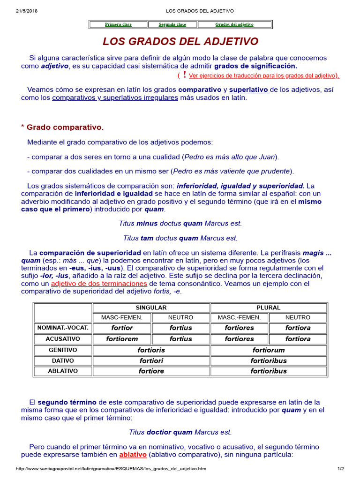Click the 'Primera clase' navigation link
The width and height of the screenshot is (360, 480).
tap(118, 24)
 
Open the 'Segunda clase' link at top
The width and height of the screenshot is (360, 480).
tap(172, 24)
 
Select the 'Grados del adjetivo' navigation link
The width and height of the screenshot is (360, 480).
tap(234, 24)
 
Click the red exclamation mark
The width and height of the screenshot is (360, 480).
tap(185, 75)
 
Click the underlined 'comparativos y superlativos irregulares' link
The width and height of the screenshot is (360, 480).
tap(115, 98)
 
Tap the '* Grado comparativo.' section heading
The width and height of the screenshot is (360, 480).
tap(62, 127)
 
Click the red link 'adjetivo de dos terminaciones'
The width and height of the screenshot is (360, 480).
tap(99, 284)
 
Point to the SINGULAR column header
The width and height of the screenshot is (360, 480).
tap(151, 307)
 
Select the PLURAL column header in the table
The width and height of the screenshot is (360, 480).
tap(268, 307)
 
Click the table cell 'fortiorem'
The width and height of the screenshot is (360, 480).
tap(122, 339)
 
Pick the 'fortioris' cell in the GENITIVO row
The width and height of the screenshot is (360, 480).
tap(151, 350)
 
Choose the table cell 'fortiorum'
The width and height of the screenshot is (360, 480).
tap(268, 350)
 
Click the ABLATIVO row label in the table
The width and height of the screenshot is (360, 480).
tap(63, 371)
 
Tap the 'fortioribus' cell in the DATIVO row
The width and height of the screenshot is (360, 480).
tap(268, 361)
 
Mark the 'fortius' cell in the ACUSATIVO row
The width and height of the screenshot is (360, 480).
tap(180, 339)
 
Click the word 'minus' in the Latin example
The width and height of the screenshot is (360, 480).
tap(147, 224)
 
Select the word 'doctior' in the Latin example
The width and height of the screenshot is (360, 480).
tap(159, 432)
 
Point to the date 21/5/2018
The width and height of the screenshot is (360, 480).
tap(23, 11)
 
